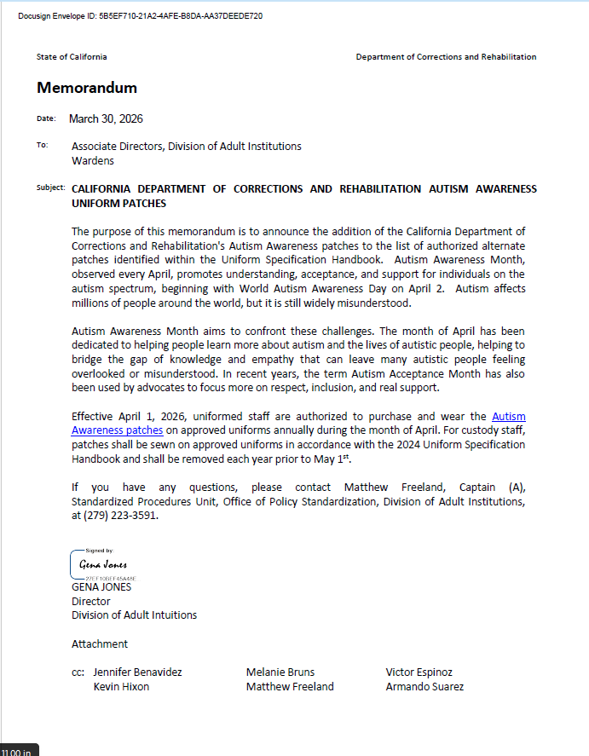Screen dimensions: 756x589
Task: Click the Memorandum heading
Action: point(87,88)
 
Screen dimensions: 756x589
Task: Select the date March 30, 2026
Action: point(106,118)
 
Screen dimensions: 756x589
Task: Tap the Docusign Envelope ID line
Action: point(140,15)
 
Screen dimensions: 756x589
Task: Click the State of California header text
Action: point(72,57)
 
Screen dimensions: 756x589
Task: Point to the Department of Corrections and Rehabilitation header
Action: point(446,57)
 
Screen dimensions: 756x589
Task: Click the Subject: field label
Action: point(50,188)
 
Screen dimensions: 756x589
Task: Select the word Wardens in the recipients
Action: point(92,160)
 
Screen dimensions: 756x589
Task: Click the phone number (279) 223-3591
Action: point(115,515)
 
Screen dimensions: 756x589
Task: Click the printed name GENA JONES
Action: point(101,587)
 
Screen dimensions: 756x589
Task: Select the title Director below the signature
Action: point(91,601)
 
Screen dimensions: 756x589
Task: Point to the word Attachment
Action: point(100,643)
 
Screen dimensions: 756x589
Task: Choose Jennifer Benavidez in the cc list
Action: point(137,672)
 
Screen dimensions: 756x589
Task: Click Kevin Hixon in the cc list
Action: point(121,686)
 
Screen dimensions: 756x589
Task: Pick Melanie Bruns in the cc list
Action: point(280,672)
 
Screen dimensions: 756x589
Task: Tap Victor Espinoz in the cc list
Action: point(419,672)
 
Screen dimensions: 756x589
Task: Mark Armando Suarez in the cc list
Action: point(424,686)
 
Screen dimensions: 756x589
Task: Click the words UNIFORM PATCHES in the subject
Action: point(118,204)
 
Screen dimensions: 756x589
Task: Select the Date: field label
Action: point(46,118)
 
